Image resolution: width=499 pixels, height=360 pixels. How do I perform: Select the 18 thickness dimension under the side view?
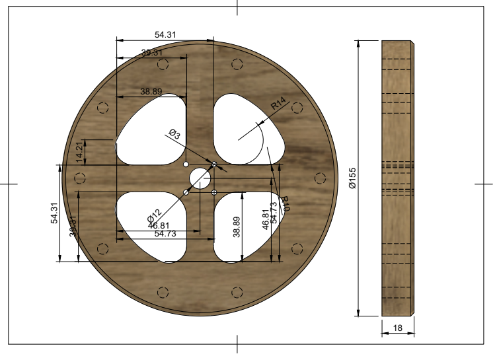pyautogui.click(x=398, y=327)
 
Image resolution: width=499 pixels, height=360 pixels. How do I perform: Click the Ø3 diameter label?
pyautogui.click(x=174, y=134)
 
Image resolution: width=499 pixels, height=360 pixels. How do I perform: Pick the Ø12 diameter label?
pyautogui.click(x=153, y=215)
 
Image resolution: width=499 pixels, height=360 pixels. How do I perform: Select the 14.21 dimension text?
pyautogui.click(x=80, y=152)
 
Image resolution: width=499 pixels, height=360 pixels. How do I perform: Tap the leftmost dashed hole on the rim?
pyautogui.click(x=80, y=178)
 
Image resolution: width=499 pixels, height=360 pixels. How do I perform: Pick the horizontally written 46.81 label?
pyautogui.click(x=159, y=225)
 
